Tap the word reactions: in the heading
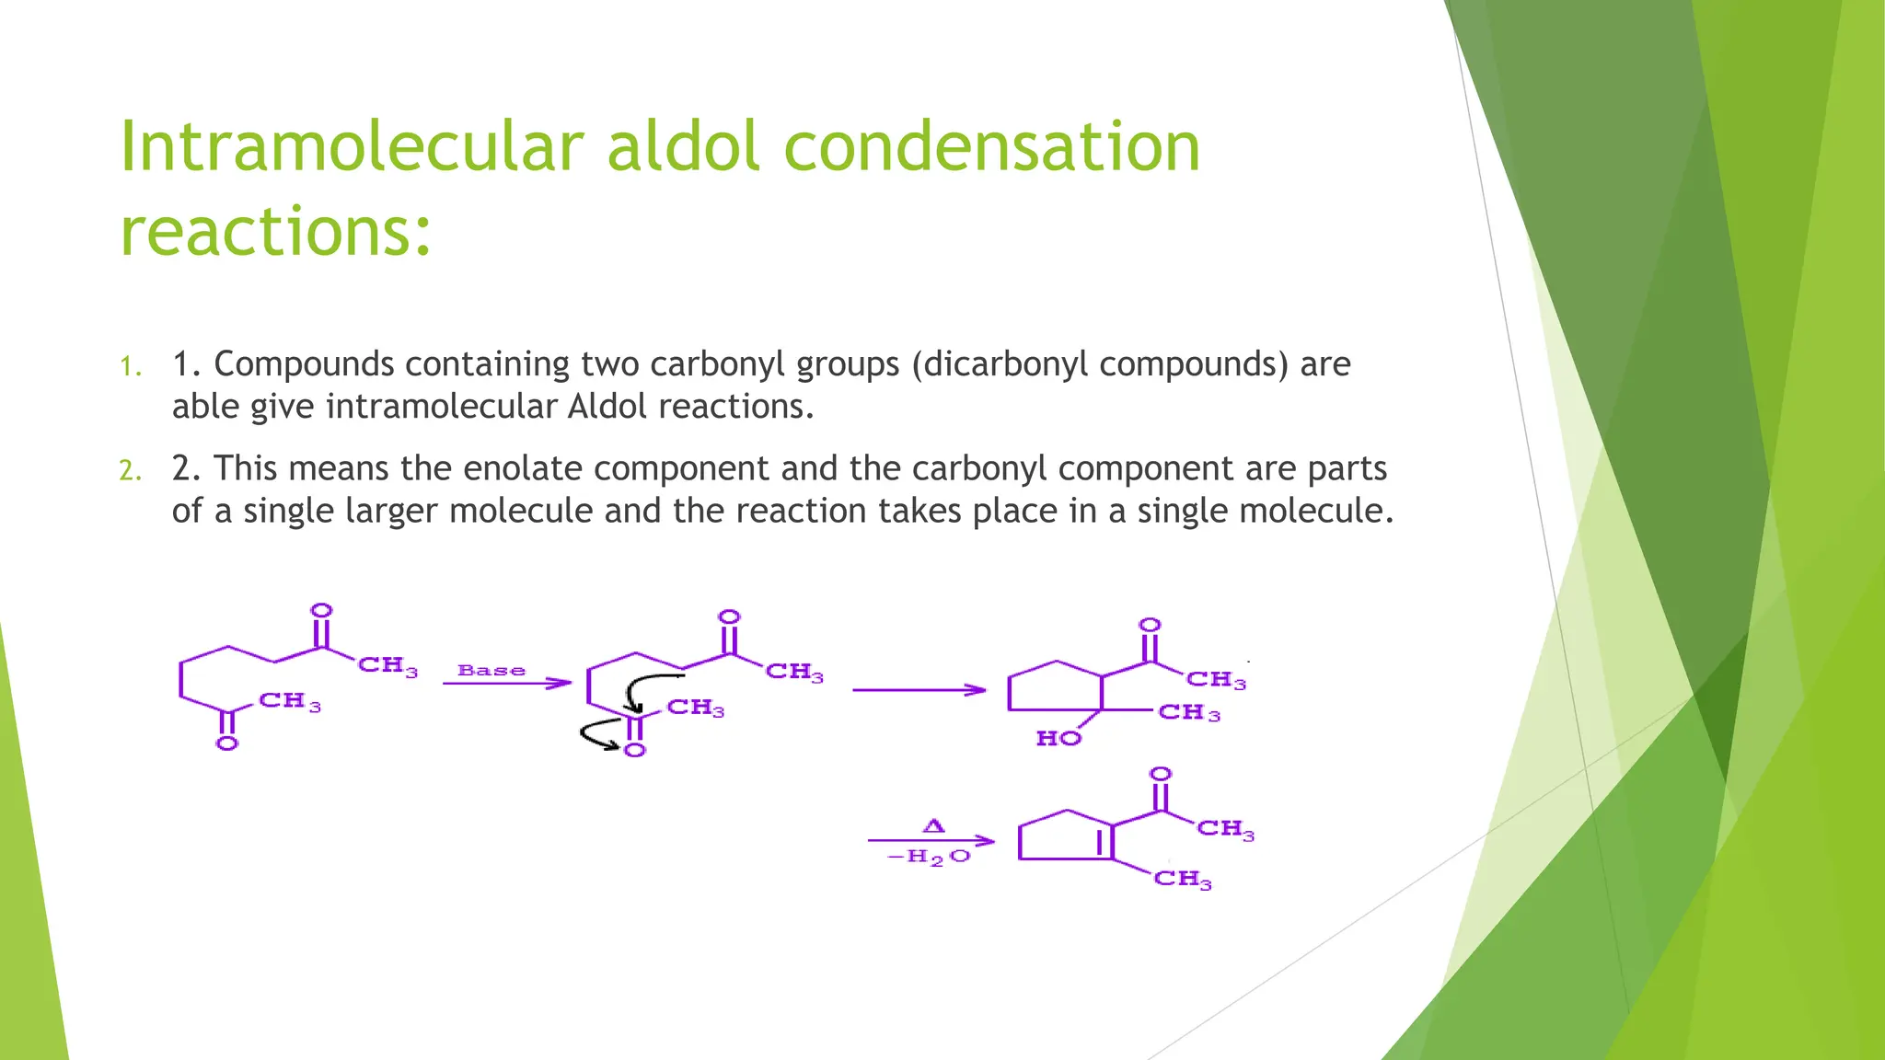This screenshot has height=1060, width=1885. pyautogui.click(x=275, y=232)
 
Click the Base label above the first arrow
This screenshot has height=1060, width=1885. pyautogui.click(x=491, y=671)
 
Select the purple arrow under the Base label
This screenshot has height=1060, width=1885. pyautogui.click(x=506, y=684)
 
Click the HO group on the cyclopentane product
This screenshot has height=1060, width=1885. pyautogui.click(x=1058, y=739)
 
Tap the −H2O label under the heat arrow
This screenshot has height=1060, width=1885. pyautogui.click(x=929, y=858)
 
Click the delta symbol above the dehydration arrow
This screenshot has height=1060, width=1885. pyautogui.click(x=933, y=826)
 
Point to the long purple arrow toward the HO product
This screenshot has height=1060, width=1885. pyautogui.click(x=919, y=690)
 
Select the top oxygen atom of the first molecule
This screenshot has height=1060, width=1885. pyautogui.click(x=321, y=611)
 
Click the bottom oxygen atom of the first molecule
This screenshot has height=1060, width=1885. pyautogui.click(x=226, y=743)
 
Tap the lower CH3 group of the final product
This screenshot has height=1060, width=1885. pyautogui.click(x=1183, y=879)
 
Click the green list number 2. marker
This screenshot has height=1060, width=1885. pyautogui.click(x=131, y=472)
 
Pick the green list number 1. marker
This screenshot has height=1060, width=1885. pyautogui.click(x=131, y=368)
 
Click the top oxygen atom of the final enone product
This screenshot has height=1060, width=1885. pyautogui.click(x=1162, y=775)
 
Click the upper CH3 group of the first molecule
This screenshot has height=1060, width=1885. pyautogui.click(x=387, y=665)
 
